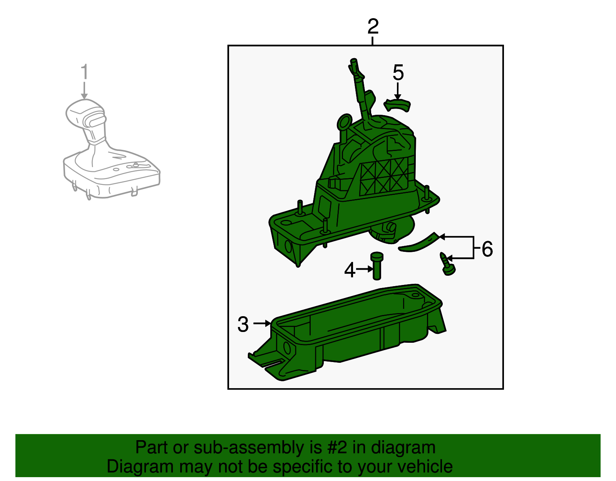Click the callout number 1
coord(84,71)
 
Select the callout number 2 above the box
coord(373,26)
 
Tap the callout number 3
coord(243,324)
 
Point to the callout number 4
coord(350,270)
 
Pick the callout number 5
coord(398,72)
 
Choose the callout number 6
coord(487,249)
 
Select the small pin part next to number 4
coord(377,266)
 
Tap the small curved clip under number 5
coord(397,106)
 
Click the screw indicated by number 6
coord(447,264)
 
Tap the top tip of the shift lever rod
coord(353,60)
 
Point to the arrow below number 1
coord(84,91)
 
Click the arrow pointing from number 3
coord(262,323)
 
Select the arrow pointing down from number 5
coord(398,91)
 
